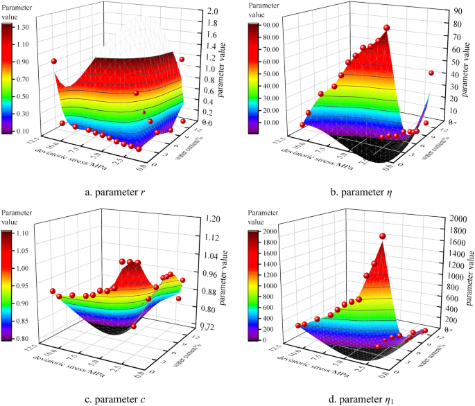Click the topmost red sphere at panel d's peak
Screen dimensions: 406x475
[x=382, y=236]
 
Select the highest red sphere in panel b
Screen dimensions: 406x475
[x=387, y=28]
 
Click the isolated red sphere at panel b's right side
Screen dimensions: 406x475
[x=431, y=73]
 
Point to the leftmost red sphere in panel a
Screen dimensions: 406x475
[x=53, y=62]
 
